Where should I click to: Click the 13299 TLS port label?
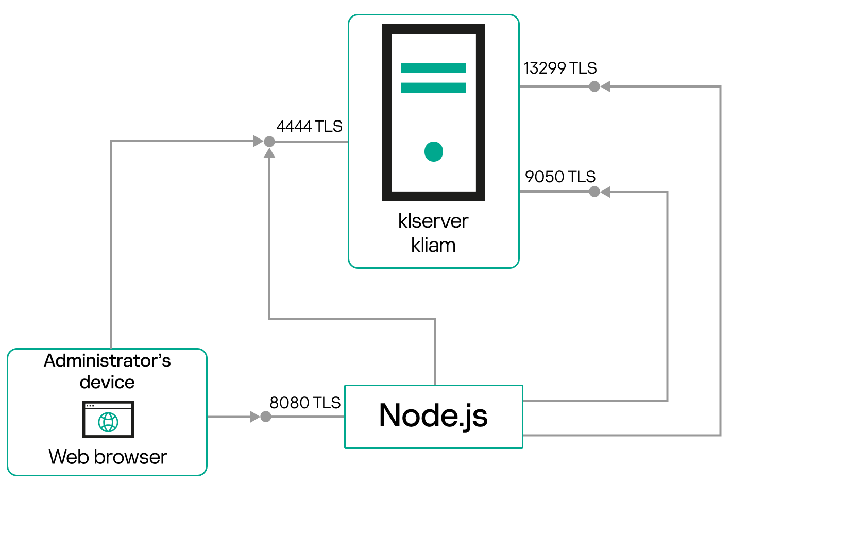coord(560,68)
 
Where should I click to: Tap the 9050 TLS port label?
coord(560,177)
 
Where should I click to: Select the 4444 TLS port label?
coord(309,126)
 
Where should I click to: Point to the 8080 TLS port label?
coord(305,403)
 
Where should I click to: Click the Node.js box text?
coord(433,415)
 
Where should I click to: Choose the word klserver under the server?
coord(433,221)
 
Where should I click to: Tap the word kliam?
coord(433,245)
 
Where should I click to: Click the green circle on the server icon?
coord(434,151)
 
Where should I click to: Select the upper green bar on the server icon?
coord(434,67)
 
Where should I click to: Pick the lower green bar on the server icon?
coord(434,88)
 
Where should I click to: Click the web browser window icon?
coord(108,419)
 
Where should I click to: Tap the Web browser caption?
coord(108,457)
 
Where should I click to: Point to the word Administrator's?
coord(107,360)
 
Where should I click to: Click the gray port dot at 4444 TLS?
coord(269,141)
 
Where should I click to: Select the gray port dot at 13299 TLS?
coord(594,86)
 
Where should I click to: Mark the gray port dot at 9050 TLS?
coord(594,192)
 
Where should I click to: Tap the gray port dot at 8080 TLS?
coord(266,417)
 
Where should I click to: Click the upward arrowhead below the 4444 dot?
coord(269,153)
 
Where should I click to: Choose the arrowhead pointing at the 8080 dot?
coord(254,417)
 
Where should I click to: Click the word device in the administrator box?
coord(107,383)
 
